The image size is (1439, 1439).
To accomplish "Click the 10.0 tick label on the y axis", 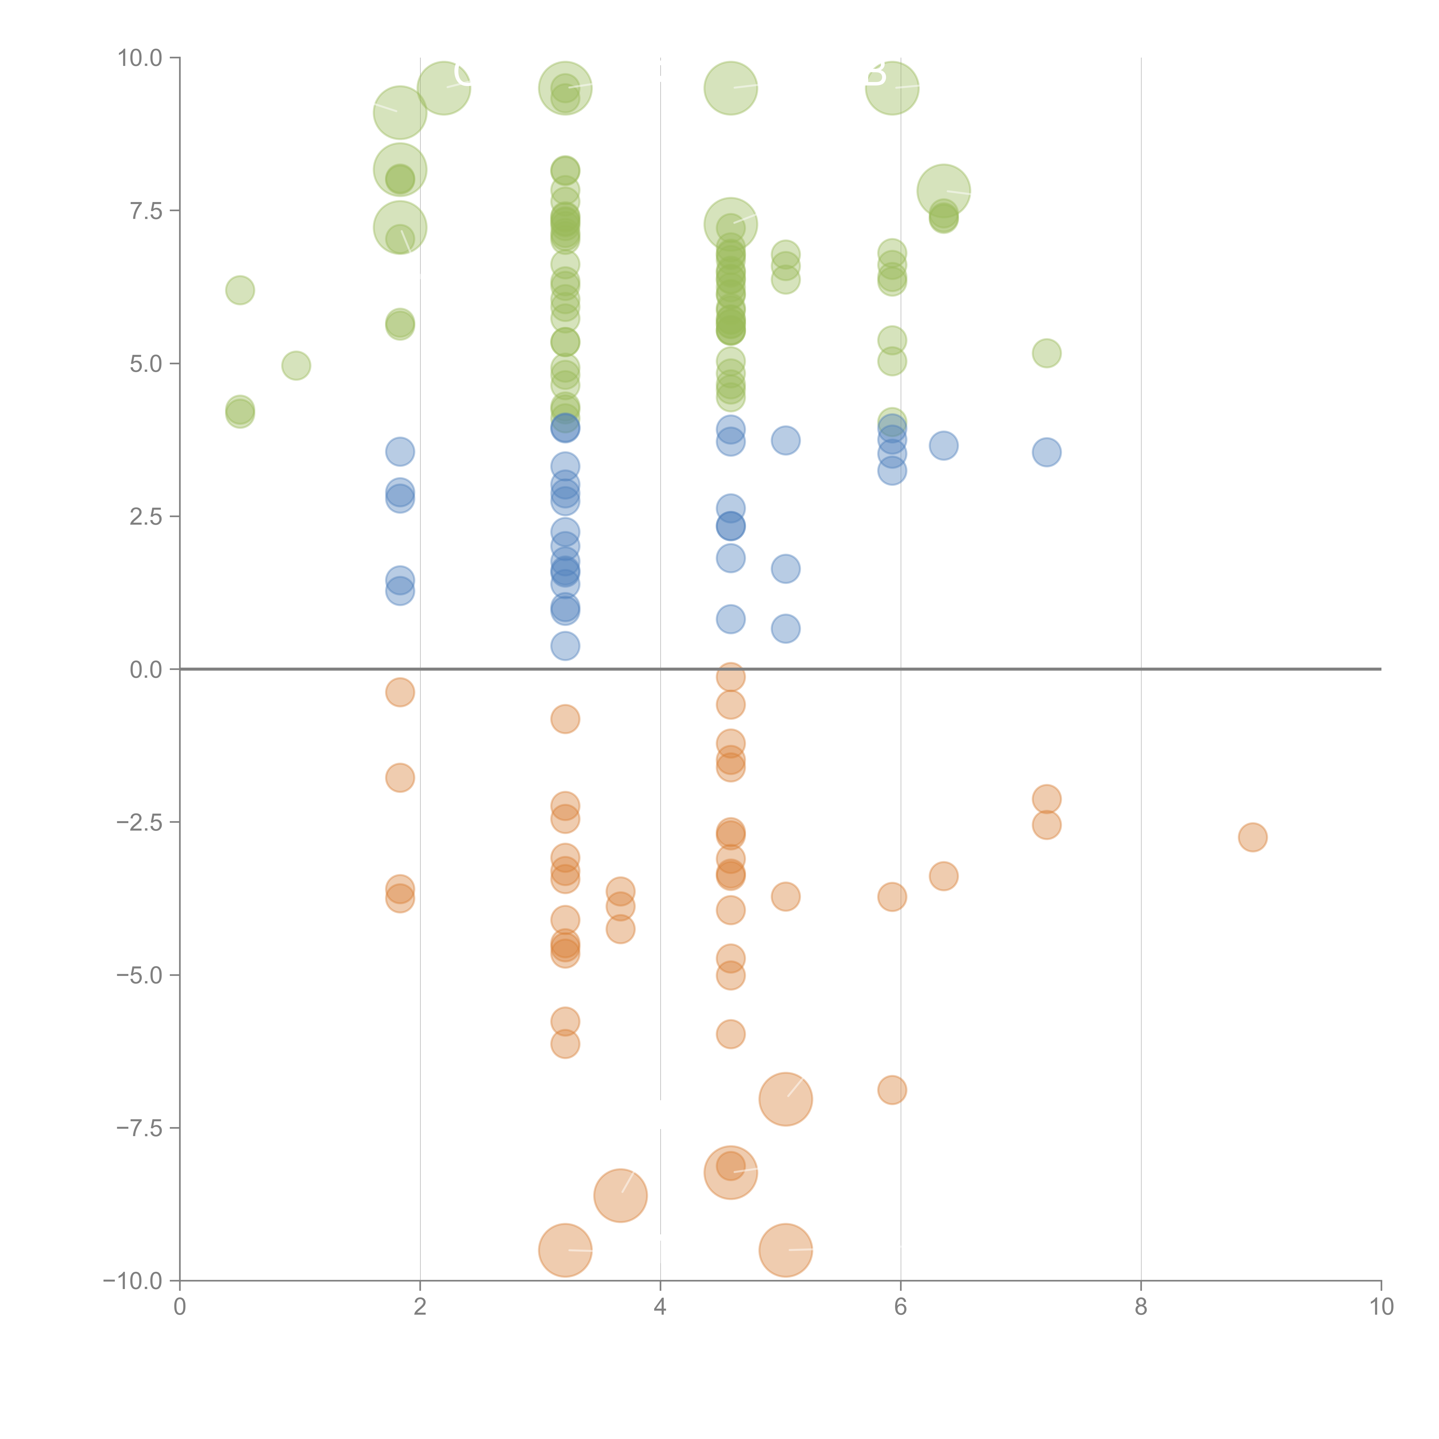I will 140,58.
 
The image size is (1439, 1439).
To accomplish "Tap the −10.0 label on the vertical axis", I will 133,1281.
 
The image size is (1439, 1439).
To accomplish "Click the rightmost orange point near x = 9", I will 1253,837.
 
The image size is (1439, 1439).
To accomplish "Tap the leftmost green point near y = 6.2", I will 240,290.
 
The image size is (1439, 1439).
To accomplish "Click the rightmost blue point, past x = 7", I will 1046,452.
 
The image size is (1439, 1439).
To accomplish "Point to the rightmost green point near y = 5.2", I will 1046,353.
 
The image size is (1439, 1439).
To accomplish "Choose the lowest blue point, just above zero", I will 565,646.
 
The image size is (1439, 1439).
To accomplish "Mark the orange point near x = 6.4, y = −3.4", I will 944,876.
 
